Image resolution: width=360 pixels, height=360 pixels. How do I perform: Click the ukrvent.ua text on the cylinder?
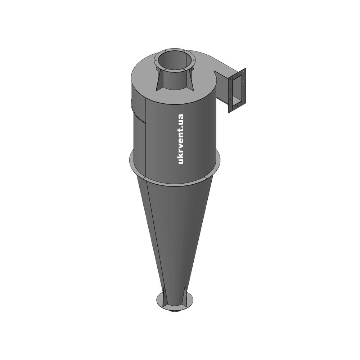tap(181, 139)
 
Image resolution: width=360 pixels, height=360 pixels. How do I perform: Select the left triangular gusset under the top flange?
tap(160, 79)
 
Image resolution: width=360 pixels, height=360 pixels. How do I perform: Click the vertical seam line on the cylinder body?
tap(146, 138)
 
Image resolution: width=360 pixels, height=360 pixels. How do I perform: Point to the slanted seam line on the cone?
tap(156, 234)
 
